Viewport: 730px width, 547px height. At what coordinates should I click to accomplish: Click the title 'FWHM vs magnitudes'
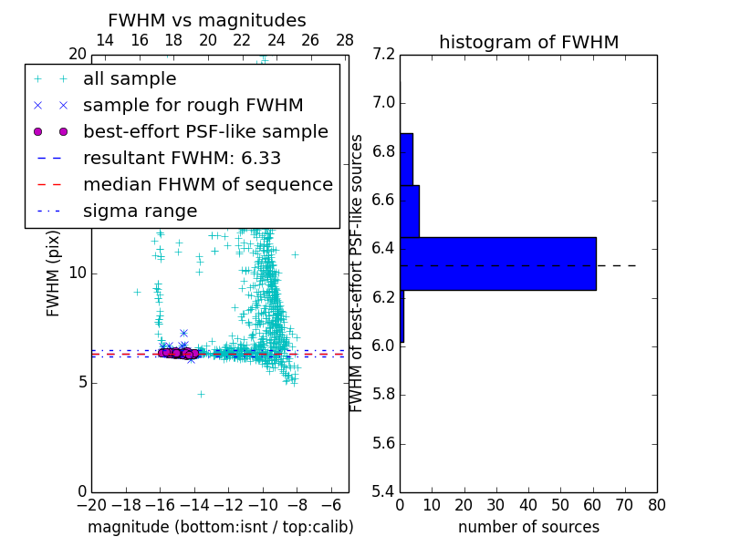207,21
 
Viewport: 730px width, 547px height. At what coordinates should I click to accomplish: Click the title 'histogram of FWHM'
528,42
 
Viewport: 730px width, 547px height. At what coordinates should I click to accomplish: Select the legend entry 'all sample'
130,79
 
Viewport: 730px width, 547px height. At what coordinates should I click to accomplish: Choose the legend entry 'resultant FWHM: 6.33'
182,159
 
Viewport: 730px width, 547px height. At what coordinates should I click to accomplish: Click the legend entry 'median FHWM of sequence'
207,185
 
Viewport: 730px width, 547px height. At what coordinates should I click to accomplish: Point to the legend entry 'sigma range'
140,212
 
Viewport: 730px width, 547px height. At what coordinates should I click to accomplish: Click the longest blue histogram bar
497,263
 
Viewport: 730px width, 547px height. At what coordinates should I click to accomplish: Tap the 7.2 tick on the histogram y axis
384,54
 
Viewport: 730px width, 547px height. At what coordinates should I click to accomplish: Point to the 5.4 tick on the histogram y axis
384,491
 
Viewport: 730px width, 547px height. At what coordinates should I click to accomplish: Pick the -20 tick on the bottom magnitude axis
91,502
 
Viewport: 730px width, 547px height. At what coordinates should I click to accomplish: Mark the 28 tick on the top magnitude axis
345,40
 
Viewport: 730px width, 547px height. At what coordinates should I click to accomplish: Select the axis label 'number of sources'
528,527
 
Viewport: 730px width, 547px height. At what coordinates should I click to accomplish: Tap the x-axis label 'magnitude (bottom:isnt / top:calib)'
220,527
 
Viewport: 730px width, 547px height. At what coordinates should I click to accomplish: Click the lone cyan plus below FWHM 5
201,394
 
